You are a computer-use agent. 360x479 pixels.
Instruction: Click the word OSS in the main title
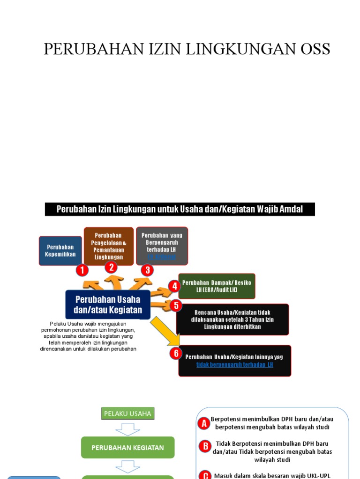pos(311,49)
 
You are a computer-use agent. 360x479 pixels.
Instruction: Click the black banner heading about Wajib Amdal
pos(180,209)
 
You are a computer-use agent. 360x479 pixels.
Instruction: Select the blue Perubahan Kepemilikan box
pos(60,250)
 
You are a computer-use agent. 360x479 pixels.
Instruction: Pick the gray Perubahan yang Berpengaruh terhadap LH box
pos(162,245)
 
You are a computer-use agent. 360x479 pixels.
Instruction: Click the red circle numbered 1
pos(82,270)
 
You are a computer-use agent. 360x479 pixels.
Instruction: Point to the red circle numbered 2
pos(111,267)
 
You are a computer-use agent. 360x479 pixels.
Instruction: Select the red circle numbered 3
pos(147,270)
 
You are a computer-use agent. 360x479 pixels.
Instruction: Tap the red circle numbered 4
pos(174,286)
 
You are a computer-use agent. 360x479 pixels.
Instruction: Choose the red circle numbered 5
pos(175,306)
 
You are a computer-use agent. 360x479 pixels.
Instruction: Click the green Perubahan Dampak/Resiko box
pos(217,286)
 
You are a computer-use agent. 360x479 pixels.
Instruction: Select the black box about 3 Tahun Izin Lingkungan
pos(232,319)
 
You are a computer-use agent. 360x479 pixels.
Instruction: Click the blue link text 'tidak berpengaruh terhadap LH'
pos(234,365)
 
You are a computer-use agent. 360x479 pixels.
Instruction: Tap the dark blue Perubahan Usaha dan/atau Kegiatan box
pos(108,305)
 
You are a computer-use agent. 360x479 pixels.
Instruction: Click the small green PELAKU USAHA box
pos(127,414)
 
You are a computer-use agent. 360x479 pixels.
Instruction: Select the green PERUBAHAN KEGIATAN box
pos(127,448)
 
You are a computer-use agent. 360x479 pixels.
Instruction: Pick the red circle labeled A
pos(204,424)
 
